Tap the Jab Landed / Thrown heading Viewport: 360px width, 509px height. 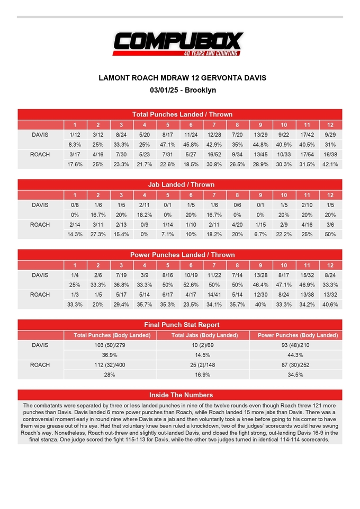179,184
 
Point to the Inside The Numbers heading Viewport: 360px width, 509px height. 179,395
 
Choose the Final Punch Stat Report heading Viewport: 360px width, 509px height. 179,325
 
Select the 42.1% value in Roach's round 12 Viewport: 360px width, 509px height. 330,164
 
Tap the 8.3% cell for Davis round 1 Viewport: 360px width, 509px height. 75,145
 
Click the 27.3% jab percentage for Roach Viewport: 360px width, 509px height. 97,234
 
